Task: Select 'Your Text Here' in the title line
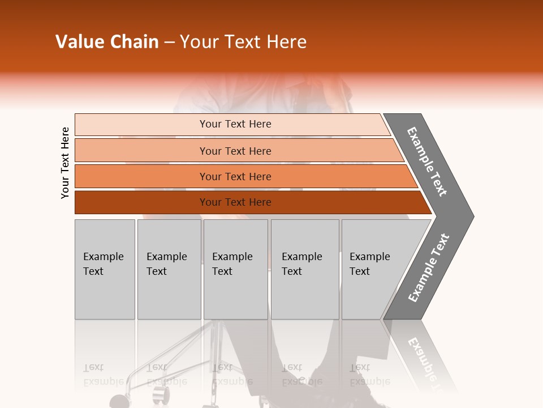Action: click(243, 42)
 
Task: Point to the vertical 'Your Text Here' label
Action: click(65, 163)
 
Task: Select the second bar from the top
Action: click(235, 151)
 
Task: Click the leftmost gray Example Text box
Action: click(105, 269)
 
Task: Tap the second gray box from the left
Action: click(169, 269)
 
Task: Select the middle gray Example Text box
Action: click(235, 269)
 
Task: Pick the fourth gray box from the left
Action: click(304, 269)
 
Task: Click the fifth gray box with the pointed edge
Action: click(373, 269)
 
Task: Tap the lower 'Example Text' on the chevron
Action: click(429, 268)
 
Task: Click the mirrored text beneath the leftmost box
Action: click(103, 375)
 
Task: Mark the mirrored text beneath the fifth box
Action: click(369, 375)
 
